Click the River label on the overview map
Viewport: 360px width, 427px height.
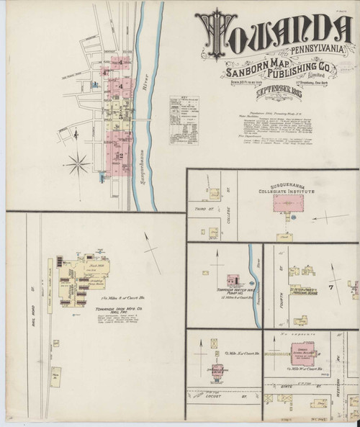click(147, 79)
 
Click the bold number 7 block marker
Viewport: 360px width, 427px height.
click(332, 287)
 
